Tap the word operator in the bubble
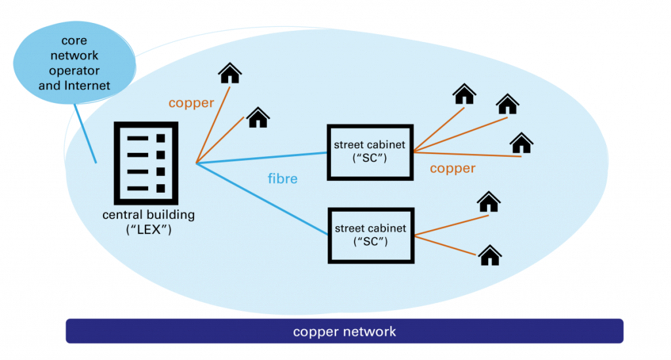coord(75,71)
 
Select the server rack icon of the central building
coord(145,163)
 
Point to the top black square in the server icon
coord(161,138)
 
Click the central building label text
coord(148,215)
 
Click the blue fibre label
coord(283,178)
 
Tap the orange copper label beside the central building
coord(191,103)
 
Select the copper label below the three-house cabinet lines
coord(452,169)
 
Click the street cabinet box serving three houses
coord(370,151)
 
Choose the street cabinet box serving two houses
coord(371,235)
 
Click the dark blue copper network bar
coord(344,331)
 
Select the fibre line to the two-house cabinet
coord(262,199)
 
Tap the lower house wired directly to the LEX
coord(258,117)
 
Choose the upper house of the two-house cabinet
coord(488,201)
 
